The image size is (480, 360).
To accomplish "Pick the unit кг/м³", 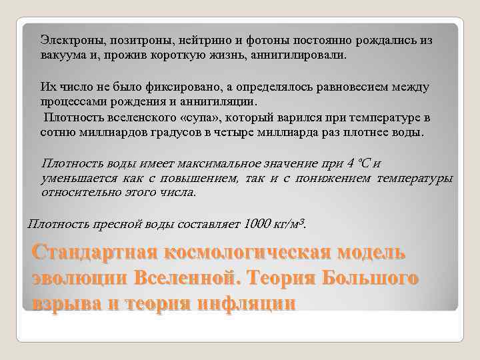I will [291, 224].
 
